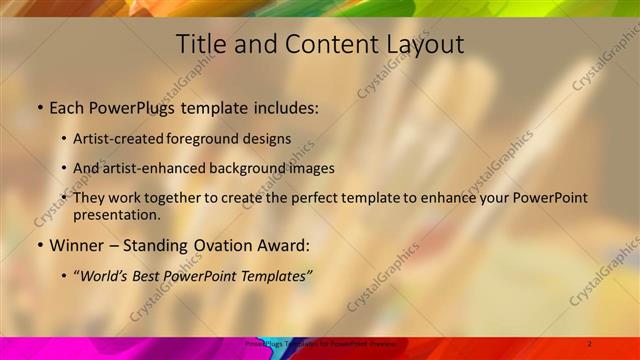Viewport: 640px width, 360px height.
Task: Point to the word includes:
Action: pyautogui.click(x=284, y=107)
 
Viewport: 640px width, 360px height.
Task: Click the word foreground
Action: pyautogui.click(x=210, y=139)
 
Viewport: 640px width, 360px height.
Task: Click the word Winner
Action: pyautogui.click(x=77, y=245)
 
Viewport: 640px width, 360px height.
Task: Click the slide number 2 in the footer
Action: pyautogui.click(x=590, y=344)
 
